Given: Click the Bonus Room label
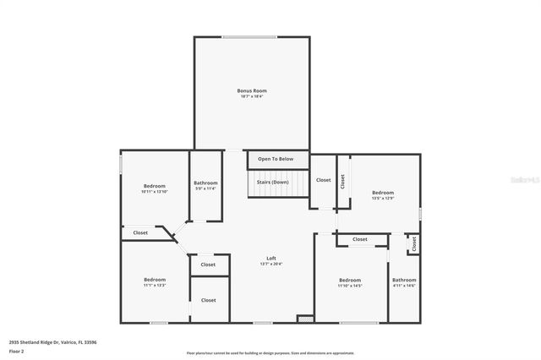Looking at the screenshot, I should (254, 90).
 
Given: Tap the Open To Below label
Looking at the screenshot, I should (276, 159).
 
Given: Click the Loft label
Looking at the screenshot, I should (271, 259).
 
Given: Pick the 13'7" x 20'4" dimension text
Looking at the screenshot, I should (271, 265).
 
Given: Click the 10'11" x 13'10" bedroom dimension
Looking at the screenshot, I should (154, 192).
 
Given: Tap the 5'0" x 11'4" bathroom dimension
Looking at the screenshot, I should (205, 188).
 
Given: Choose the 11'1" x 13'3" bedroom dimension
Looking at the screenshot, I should (154, 286).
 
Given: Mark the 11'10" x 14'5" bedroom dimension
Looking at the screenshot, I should (350, 286).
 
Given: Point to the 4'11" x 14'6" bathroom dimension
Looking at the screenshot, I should (404, 286).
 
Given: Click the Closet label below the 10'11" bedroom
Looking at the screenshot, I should (140, 232).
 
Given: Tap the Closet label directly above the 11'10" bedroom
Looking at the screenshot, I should (360, 239).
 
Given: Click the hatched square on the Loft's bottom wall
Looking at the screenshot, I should (305, 319).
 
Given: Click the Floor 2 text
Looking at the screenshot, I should (16, 350).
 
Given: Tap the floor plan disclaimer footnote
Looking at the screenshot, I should (270, 352).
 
